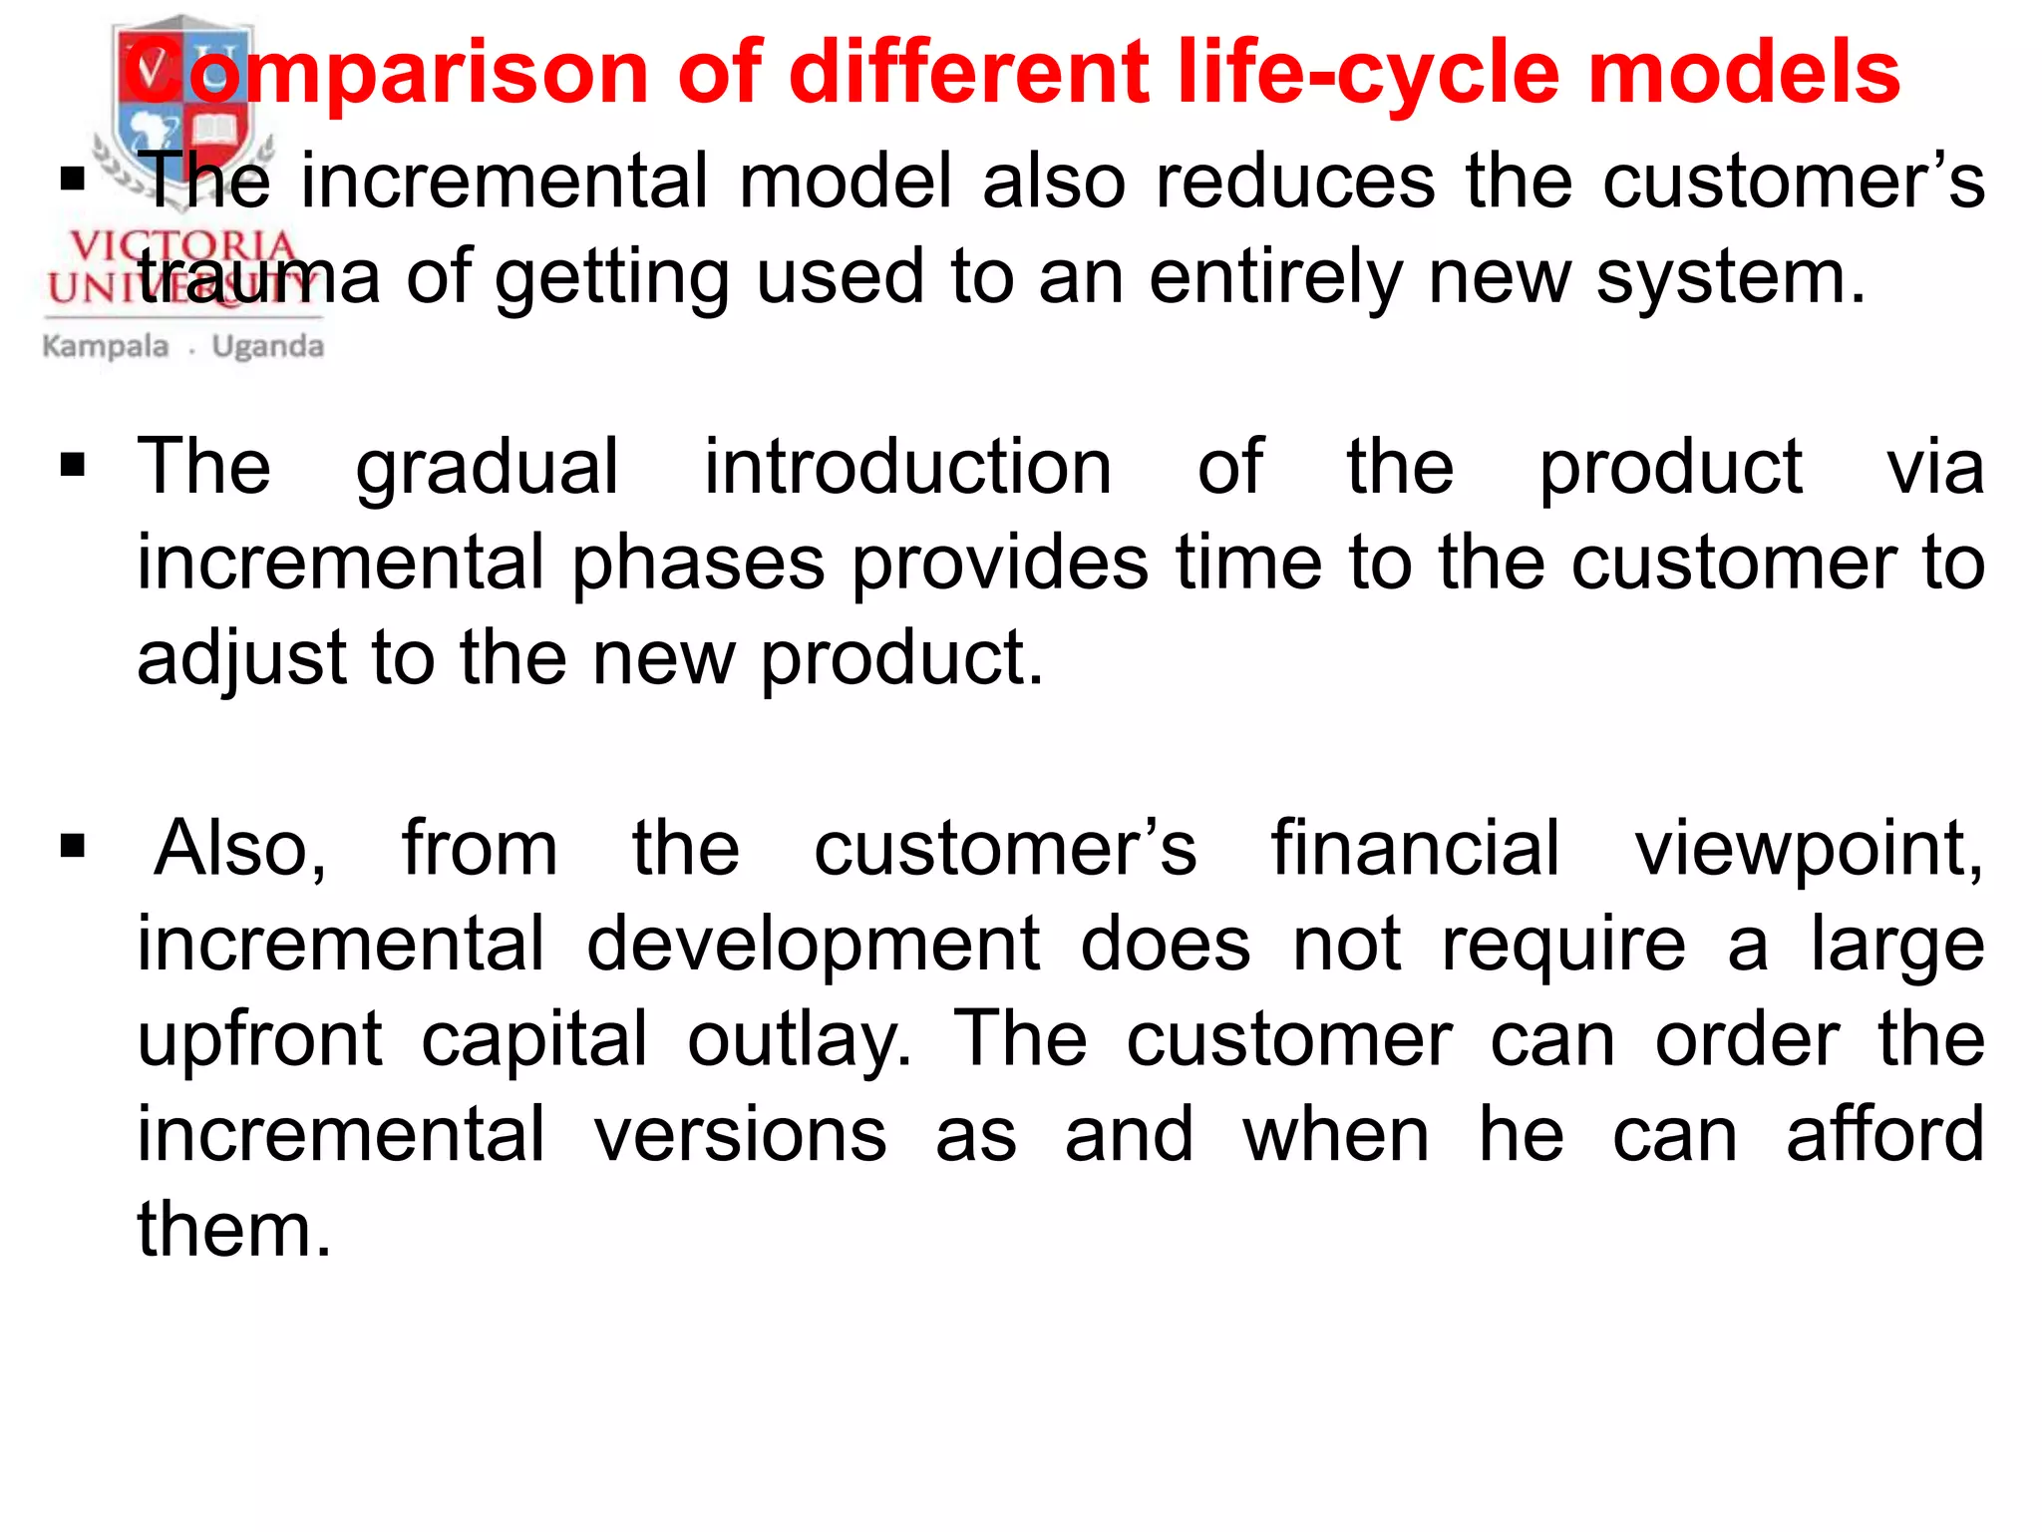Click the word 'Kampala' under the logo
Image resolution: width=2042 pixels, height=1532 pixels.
point(106,347)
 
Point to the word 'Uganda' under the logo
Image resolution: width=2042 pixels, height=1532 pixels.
point(268,347)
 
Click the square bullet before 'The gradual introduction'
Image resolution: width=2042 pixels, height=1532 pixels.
point(73,465)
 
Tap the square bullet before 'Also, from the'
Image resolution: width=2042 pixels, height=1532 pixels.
point(73,847)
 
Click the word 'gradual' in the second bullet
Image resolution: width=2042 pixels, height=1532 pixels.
point(488,468)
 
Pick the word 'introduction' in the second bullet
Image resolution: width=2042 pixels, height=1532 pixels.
point(907,466)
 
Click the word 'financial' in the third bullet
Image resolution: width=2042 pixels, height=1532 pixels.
point(1415,848)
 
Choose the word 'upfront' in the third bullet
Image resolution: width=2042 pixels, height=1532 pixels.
point(259,1040)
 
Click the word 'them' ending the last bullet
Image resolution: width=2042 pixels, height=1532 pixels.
point(225,1229)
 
